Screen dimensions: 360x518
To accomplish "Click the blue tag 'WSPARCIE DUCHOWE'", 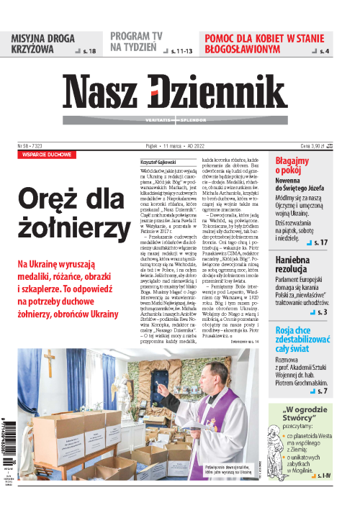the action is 47,154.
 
